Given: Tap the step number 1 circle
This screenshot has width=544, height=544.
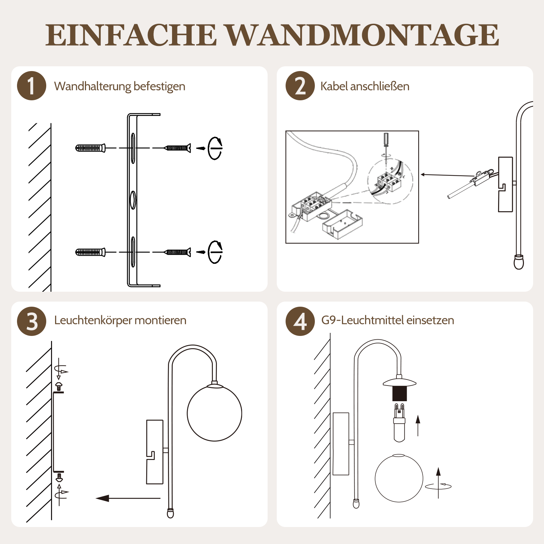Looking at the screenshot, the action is (32, 86).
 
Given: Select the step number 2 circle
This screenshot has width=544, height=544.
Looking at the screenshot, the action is (300, 86).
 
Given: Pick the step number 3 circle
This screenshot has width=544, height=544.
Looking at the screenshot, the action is (32, 321).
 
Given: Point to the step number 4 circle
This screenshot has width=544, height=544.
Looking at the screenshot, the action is (300, 321).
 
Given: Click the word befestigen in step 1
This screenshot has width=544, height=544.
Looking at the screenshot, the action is (159, 86).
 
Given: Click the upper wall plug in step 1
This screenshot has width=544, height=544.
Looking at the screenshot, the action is (90, 148).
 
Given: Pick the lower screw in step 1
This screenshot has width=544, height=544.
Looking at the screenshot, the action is (177, 252).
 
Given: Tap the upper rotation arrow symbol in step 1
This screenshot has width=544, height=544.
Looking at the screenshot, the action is (215, 148).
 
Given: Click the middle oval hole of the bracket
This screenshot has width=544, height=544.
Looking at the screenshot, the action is (133, 200).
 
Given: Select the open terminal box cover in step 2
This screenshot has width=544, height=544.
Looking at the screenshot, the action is (342, 224).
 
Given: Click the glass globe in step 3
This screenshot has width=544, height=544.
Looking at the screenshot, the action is (215, 413).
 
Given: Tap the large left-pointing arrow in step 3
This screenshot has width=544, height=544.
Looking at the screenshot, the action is (128, 498).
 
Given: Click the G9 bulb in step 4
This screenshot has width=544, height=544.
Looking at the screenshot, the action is (400, 423).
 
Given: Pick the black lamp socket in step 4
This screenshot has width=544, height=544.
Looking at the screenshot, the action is (400, 394).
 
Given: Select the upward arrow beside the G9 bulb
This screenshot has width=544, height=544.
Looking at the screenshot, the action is (418, 425).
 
